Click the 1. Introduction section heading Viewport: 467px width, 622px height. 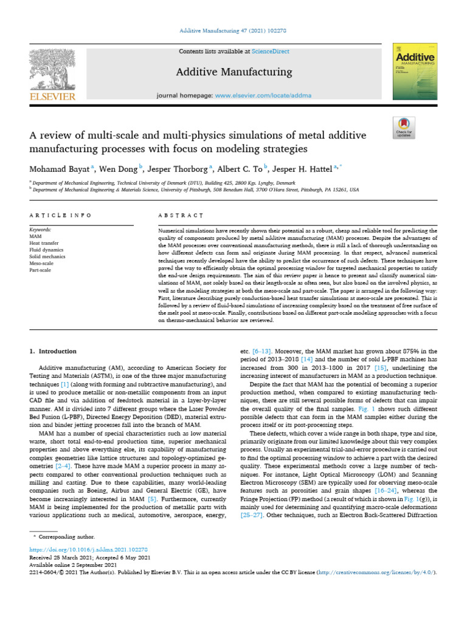(54, 351)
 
